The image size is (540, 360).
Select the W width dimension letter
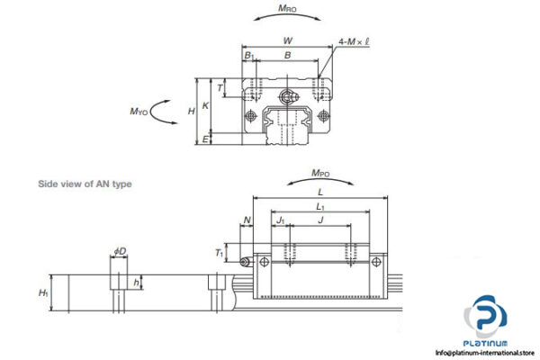(x=286, y=40)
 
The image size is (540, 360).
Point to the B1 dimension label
(x=248, y=56)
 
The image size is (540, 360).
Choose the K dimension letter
(x=206, y=105)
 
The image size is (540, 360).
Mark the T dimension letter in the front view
(x=221, y=88)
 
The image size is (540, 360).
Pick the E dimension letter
(x=206, y=139)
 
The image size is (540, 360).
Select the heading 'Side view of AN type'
(x=85, y=184)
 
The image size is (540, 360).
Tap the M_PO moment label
(x=320, y=172)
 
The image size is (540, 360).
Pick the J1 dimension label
(x=281, y=219)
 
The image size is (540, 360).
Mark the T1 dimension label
(x=220, y=254)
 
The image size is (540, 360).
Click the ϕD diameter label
(x=121, y=251)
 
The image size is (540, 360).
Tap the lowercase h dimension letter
(x=136, y=282)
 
